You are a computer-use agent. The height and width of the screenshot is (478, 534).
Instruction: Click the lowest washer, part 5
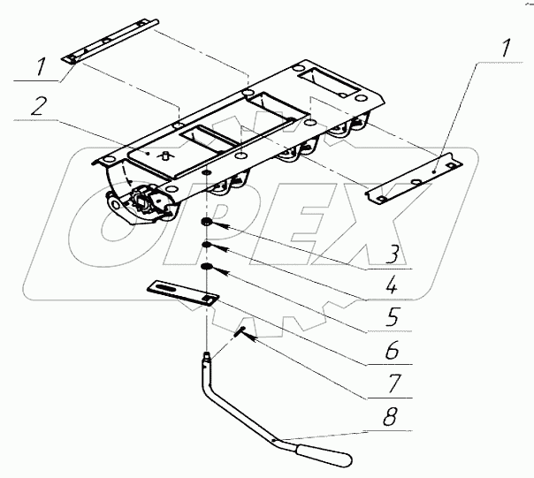(x=205, y=266)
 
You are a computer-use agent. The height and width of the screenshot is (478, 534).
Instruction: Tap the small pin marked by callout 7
(x=240, y=331)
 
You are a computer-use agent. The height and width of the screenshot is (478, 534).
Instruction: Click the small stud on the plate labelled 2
(x=164, y=154)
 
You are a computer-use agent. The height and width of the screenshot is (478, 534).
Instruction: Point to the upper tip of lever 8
(x=205, y=357)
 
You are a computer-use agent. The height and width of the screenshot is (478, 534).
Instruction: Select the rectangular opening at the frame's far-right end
(x=331, y=84)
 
